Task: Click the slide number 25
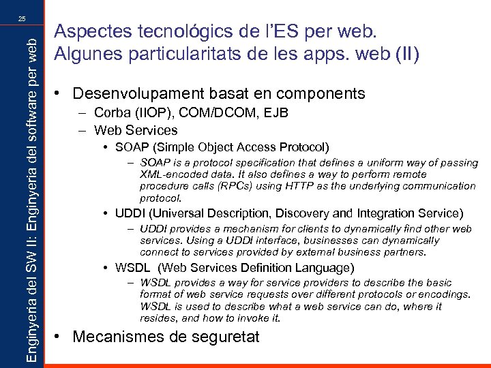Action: (x=22, y=18)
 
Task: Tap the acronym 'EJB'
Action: (x=241, y=113)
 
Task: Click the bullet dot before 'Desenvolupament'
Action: (x=62, y=93)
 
